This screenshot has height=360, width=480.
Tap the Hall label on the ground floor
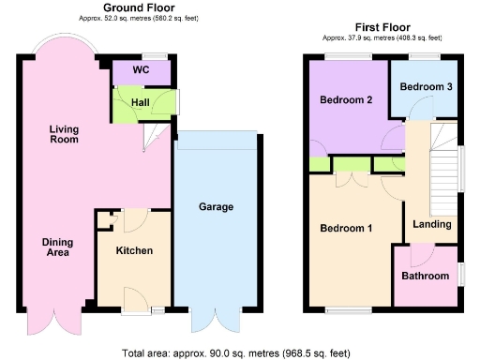coord(141,102)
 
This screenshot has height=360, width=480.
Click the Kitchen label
coord(134,250)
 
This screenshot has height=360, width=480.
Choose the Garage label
coord(216,207)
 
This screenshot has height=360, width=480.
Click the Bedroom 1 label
coord(346,228)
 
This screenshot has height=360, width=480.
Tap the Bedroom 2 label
coord(346,100)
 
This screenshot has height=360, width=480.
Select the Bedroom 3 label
coord(426,87)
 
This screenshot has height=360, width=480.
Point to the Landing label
coord(432,224)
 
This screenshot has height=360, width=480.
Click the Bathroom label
coord(427,276)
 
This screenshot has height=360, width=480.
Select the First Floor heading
coord(382,27)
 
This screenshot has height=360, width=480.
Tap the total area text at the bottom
coord(235,352)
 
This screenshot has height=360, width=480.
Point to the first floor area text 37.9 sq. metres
coord(382,38)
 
